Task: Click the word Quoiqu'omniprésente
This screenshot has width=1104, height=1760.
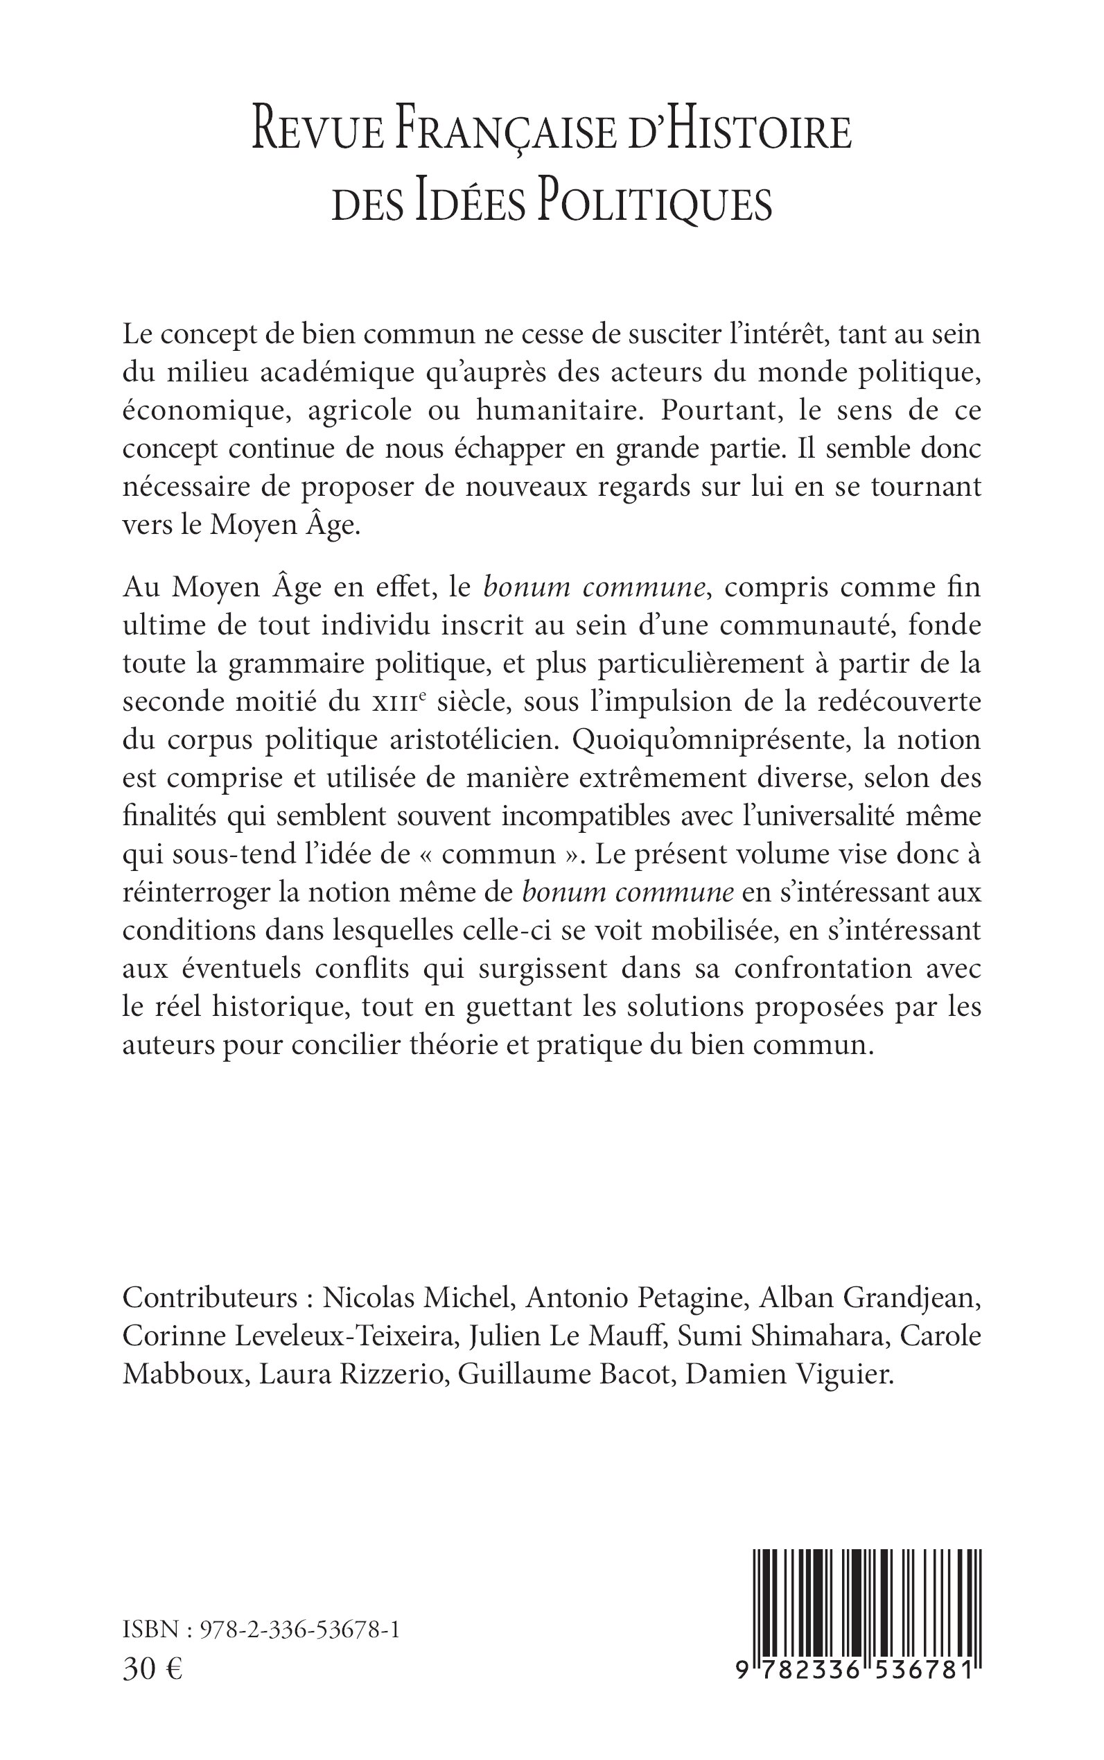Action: coord(712,740)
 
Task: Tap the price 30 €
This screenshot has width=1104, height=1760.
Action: coord(153,1668)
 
